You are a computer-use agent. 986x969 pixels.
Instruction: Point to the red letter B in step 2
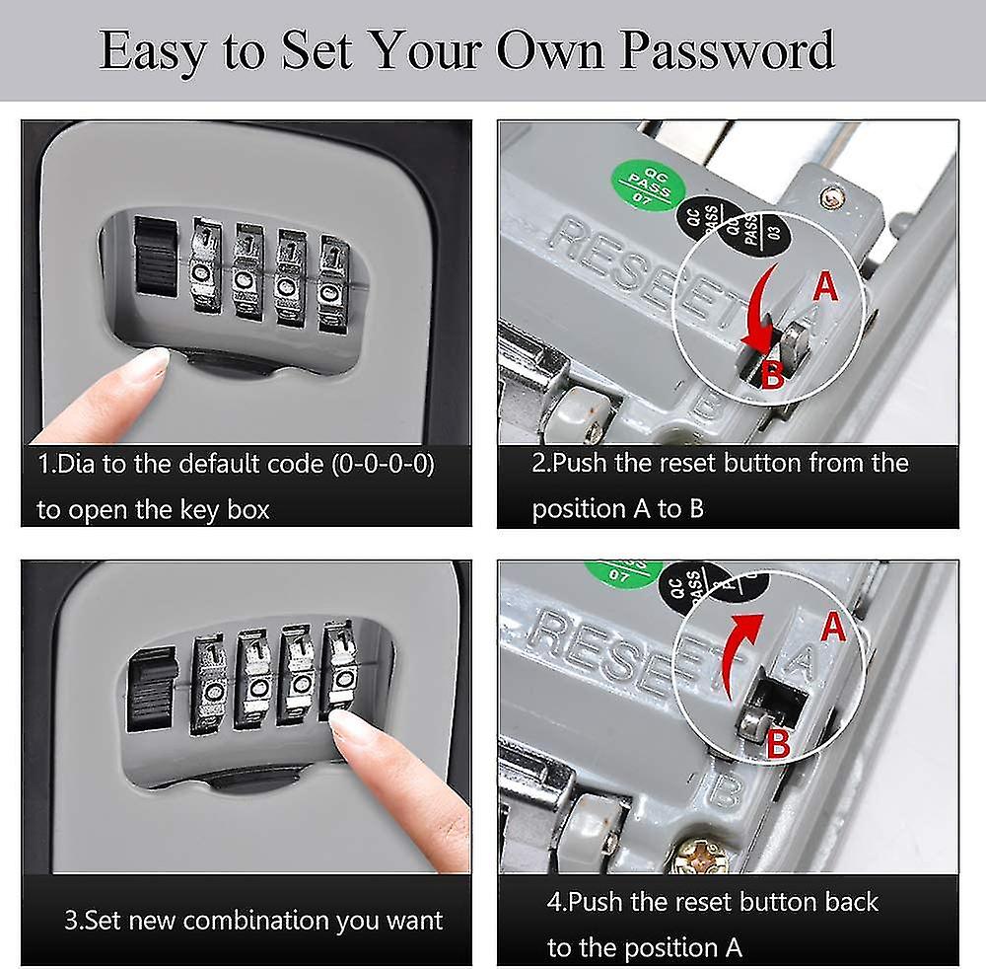(x=774, y=375)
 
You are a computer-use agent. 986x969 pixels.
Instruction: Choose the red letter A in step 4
(x=833, y=628)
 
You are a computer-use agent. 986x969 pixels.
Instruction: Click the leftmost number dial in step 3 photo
(x=208, y=682)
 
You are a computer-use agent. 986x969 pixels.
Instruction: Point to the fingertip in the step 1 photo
(x=147, y=366)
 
